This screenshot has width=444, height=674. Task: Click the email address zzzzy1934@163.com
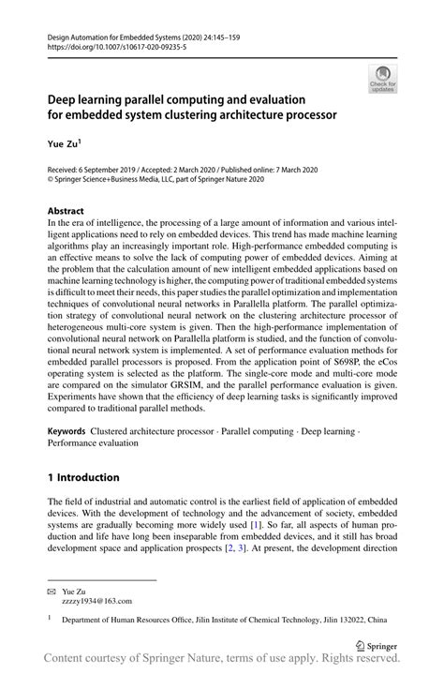coord(96,601)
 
